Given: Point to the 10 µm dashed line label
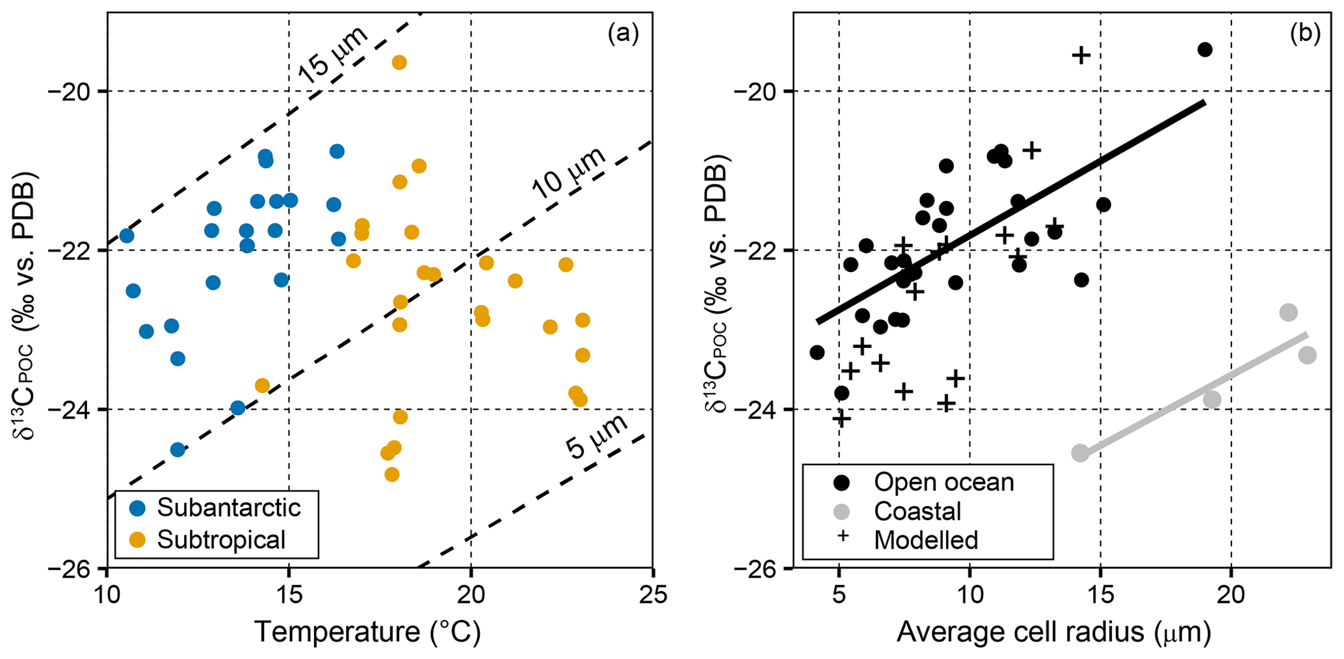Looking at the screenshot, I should click(568, 174).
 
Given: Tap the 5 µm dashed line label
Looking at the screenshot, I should click(596, 437).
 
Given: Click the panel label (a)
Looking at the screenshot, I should click(623, 33).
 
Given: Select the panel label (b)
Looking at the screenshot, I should click(1305, 33).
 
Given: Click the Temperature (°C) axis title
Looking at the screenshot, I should click(367, 632).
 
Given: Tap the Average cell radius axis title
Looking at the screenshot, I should click(1053, 632).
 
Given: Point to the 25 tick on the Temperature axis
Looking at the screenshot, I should click(653, 595).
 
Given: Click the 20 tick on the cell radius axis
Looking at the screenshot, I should click(1231, 595).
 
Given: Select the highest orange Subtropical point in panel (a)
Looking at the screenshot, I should click(399, 62).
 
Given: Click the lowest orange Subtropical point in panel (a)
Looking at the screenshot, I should click(391, 474).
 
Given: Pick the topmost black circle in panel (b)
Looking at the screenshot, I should click(1205, 49).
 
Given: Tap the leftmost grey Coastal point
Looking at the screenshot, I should click(1080, 453).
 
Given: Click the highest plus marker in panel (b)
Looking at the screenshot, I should click(1081, 55).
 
